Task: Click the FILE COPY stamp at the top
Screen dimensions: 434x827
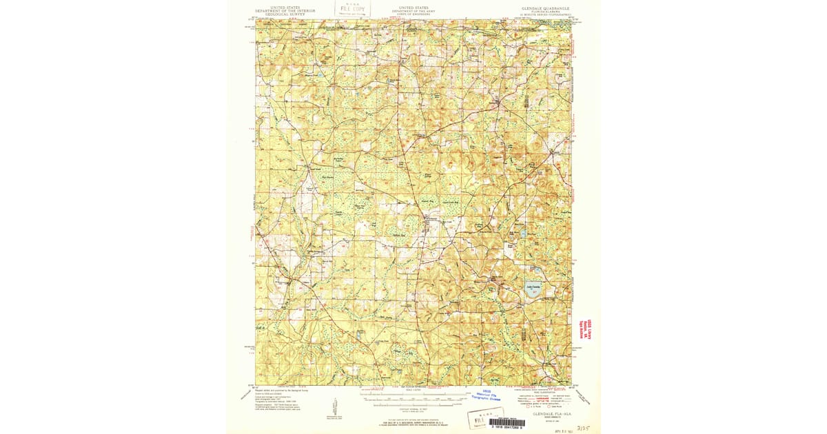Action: [351, 9]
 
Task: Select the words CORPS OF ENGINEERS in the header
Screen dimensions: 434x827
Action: [413, 14]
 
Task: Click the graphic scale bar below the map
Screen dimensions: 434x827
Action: [413, 396]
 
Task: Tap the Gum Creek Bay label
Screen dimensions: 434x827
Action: [451, 202]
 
